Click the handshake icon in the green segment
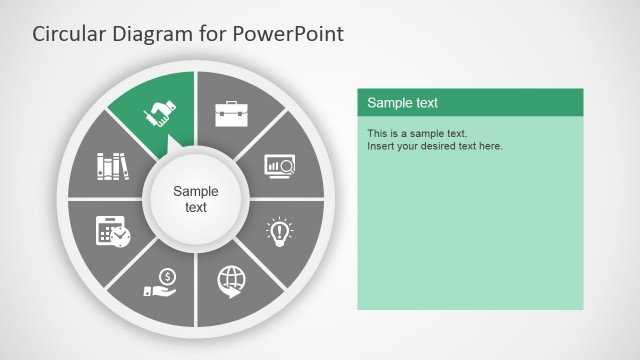tap(160, 114)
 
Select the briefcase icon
tap(231, 113)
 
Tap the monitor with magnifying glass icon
tap(279, 164)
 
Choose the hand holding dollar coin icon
tap(161, 281)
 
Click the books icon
tap(112, 165)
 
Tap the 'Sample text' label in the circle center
tap(196, 199)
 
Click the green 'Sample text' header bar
tap(470, 102)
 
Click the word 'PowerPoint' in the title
tap(289, 34)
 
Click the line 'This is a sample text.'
tap(417, 133)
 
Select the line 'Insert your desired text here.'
tap(435, 146)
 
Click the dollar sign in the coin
tap(167, 276)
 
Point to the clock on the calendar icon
tap(121, 237)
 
